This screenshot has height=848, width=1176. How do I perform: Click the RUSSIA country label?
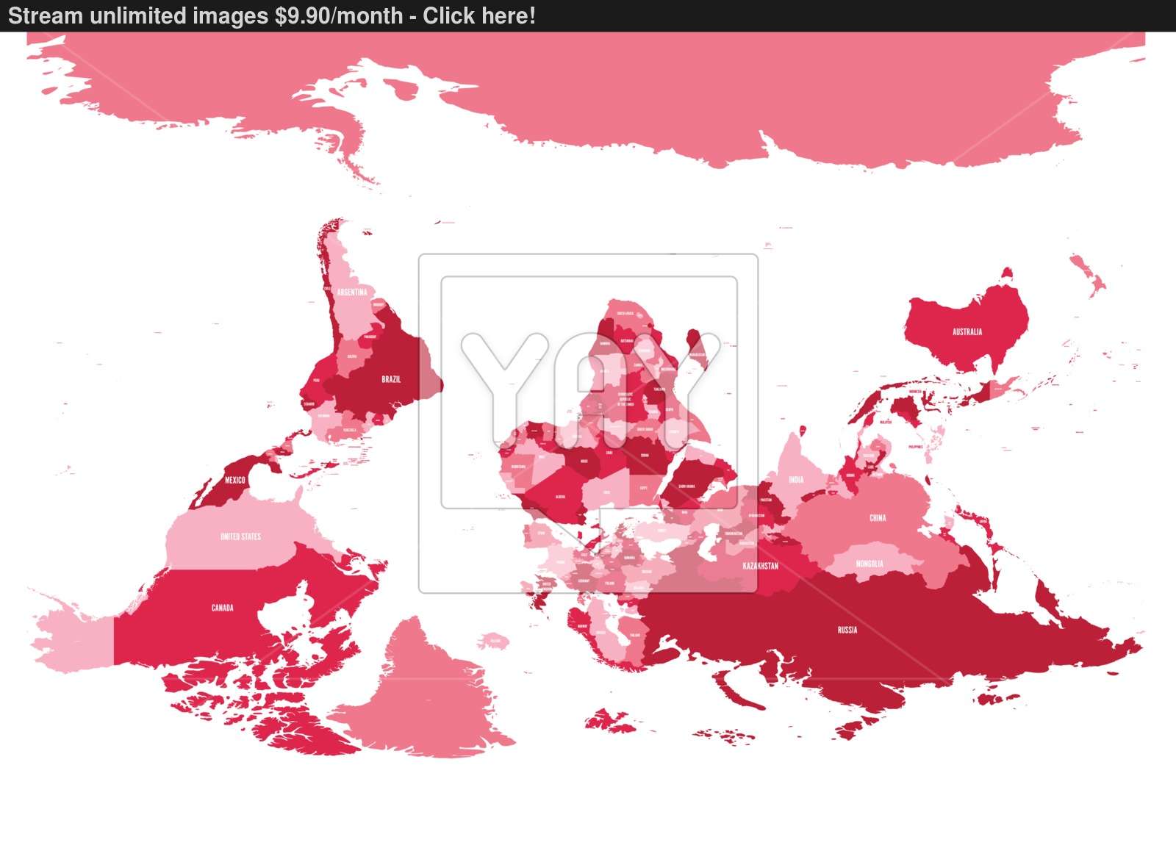click(847, 630)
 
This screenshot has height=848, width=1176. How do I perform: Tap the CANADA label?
click(222, 608)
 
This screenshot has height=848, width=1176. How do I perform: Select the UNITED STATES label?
click(240, 536)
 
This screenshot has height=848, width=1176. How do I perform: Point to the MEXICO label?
click(235, 480)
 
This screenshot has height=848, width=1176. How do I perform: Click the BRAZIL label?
click(391, 379)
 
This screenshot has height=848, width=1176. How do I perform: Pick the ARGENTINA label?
click(352, 292)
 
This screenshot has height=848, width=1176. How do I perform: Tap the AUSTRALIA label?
click(967, 331)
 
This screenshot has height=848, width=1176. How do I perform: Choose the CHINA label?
click(878, 517)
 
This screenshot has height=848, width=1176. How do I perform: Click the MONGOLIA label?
click(870, 564)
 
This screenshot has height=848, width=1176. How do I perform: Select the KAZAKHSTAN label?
click(760, 566)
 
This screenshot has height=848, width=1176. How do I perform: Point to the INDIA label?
click(796, 480)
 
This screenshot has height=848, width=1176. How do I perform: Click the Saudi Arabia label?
click(686, 486)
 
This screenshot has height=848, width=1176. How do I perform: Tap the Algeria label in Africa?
click(560, 497)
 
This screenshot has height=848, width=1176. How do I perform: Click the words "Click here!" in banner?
click(479, 15)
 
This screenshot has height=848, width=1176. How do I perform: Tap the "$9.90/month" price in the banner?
click(339, 15)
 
